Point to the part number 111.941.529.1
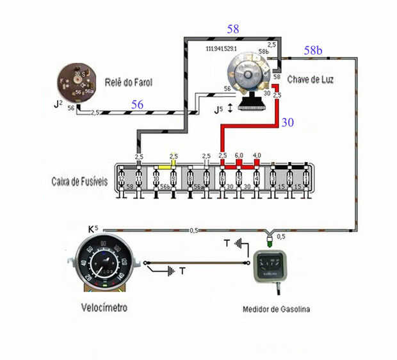click(222, 49)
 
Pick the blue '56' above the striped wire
click(137, 105)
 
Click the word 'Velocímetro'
click(104, 308)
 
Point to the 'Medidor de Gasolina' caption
click(276, 310)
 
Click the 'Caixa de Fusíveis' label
click(80, 181)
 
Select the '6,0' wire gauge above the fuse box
click(239, 156)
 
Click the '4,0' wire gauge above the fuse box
click(256, 156)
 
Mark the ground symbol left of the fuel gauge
click(240, 243)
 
